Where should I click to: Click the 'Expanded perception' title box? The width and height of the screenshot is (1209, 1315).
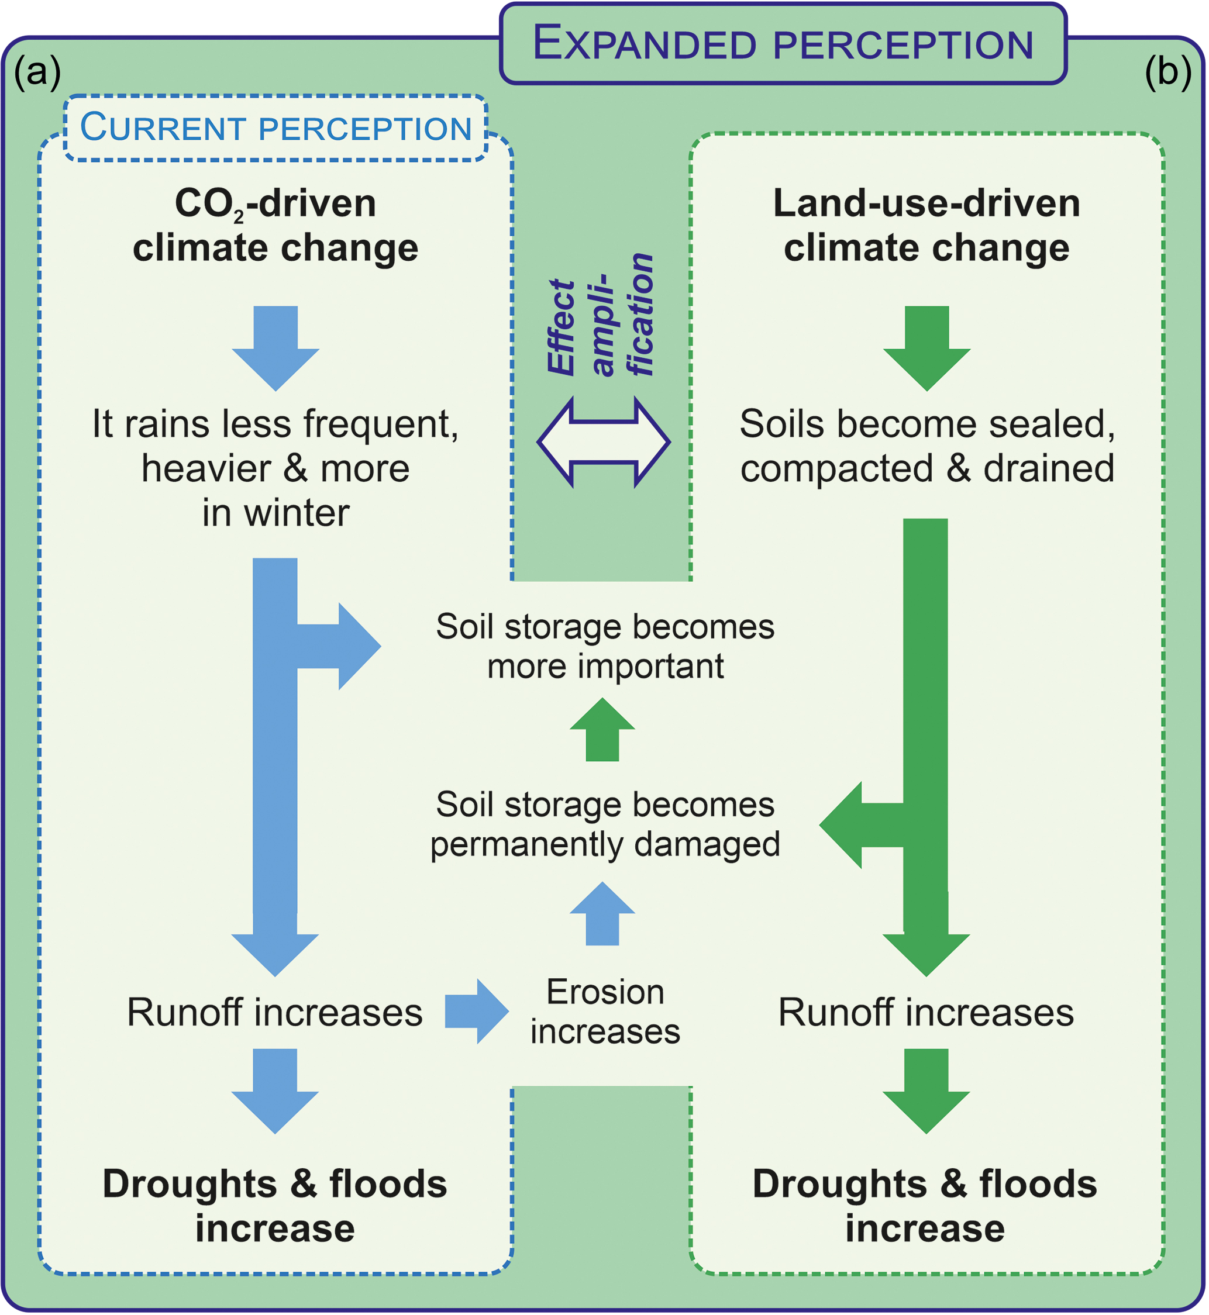click(783, 44)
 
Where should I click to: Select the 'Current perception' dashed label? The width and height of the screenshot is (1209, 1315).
click(275, 127)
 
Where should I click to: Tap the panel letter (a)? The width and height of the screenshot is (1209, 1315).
click(37, 72)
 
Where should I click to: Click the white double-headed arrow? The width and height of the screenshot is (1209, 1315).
click(603, 442)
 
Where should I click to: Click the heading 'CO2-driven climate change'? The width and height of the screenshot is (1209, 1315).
click(275, 225)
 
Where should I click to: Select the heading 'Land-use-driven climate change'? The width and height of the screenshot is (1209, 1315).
click(926, 225)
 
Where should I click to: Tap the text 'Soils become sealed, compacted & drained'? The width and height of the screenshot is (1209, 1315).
click(926, 446)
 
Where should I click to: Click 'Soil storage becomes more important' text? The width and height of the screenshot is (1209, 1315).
click(605, 646)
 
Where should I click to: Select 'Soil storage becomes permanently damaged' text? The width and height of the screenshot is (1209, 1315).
click(605, 824)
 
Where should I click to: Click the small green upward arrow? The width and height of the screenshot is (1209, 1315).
click(602, 730)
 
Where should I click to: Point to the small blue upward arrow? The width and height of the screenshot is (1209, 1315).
click(602, 913)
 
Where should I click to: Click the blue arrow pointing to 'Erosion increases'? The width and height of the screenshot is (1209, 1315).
click(476, 1011)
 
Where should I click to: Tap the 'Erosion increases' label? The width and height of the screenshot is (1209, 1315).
click(605, 1011)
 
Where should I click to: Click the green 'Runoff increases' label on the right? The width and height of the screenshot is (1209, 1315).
click(926, 1012)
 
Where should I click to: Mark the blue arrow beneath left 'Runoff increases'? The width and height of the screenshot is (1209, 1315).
click(275, 1090)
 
